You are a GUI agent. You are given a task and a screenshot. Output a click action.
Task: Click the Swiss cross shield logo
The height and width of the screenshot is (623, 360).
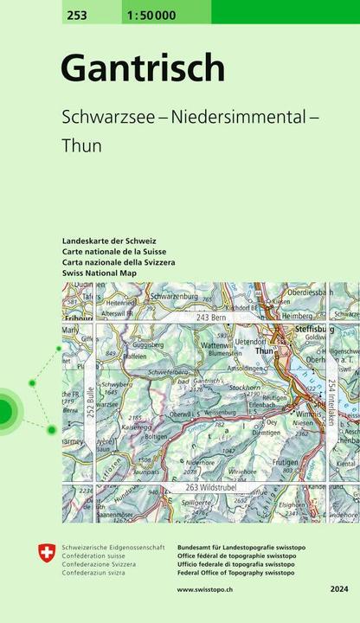tap(47, 552)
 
